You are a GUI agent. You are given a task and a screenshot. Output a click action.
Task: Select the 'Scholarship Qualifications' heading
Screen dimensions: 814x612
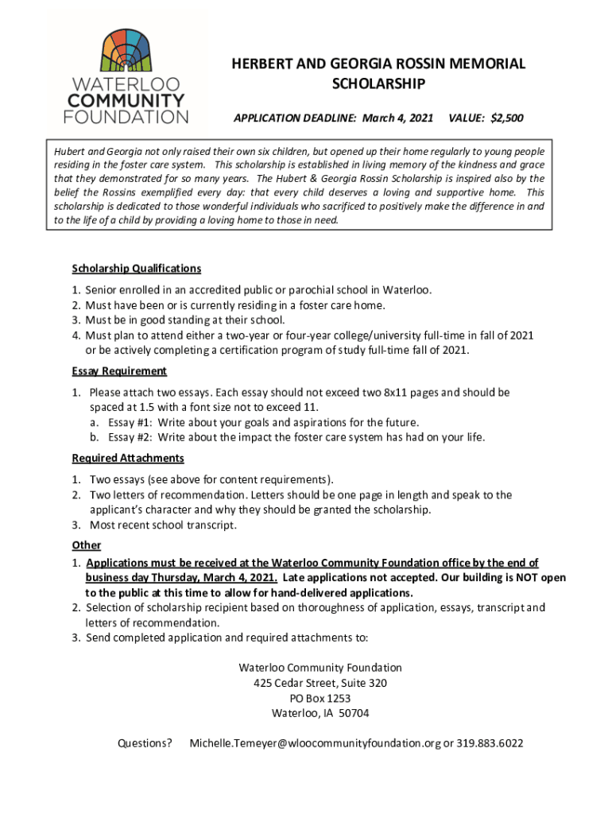pos(136,269)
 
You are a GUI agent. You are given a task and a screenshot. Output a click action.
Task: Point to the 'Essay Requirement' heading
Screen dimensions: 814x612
pos(119,371)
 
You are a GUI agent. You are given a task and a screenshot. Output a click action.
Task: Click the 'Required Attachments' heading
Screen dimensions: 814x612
pos(128,458)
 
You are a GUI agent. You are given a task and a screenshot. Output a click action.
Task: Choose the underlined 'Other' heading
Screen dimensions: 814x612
pos(87,545)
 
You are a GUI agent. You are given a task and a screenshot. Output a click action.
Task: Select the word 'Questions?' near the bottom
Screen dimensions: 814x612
pos(145,743)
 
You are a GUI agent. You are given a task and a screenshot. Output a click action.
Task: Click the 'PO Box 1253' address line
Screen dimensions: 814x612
pos(320,698)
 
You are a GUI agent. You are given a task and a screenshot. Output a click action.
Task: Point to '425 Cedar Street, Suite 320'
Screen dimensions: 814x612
pos(320,683)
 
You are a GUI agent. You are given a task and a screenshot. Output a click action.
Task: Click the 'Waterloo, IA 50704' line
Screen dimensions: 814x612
pos(320,713)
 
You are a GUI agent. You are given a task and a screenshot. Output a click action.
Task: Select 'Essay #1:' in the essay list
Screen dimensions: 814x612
pos(130,422)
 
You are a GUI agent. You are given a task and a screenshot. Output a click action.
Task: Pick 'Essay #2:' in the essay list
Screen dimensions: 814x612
pos(130,437)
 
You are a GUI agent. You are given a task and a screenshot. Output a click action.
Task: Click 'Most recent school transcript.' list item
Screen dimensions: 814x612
pos(163,525)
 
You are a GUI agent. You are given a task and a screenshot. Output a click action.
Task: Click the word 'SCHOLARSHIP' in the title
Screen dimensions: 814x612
pos(378,84)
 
